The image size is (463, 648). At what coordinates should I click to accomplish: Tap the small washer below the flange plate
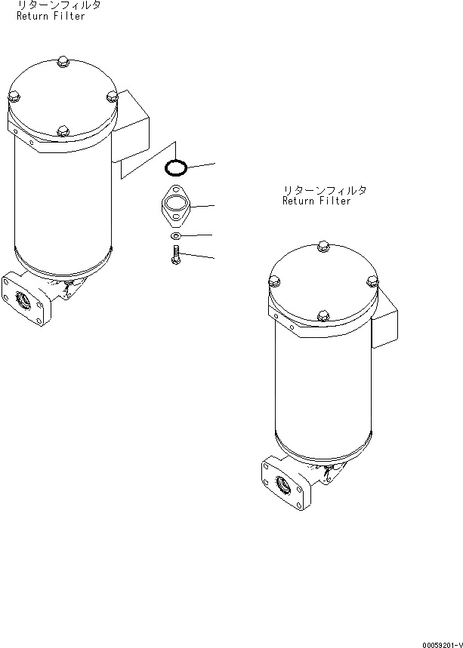coord(176,236)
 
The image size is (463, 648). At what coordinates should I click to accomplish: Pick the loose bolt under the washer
coord(176,254)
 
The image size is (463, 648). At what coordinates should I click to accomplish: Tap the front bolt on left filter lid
coord(63,131)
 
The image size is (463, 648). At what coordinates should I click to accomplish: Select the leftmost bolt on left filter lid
coord(14,97)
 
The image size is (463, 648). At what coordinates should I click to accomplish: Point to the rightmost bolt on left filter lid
coord(112,97)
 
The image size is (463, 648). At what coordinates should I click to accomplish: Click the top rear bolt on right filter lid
coord(323,246)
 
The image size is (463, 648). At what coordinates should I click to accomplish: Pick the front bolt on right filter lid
coord(323,316)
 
